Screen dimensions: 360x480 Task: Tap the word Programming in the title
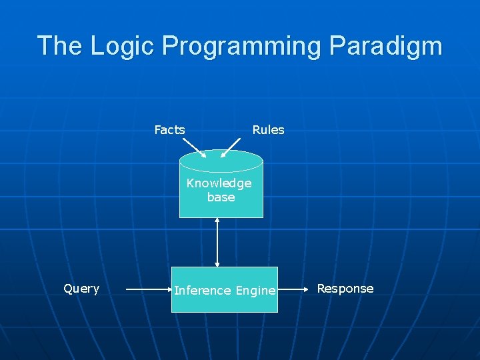(241, 46)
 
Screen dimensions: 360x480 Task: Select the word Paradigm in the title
(385, 46)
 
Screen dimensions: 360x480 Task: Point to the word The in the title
(60, 46)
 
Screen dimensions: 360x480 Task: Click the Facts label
(169, 130)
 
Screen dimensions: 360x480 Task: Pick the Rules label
(268, 130)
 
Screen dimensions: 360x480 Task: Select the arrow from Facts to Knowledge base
(194, 147)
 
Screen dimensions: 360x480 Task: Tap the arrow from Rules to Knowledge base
(231, 147)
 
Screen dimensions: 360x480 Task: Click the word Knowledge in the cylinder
(219, 183)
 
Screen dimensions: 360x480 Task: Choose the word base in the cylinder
(221, 197)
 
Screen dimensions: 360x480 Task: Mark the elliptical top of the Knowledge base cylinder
(221, 161)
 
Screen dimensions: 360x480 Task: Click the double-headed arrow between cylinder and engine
(217, 242)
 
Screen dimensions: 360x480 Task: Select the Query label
(81, 289)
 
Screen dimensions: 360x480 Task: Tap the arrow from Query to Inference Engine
(149, 290)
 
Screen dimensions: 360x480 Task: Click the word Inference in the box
(203, 291)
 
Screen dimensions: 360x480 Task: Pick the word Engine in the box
(255, 291)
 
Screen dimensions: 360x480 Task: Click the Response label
(345, 289)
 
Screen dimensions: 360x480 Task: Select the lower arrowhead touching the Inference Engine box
(217, 264)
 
